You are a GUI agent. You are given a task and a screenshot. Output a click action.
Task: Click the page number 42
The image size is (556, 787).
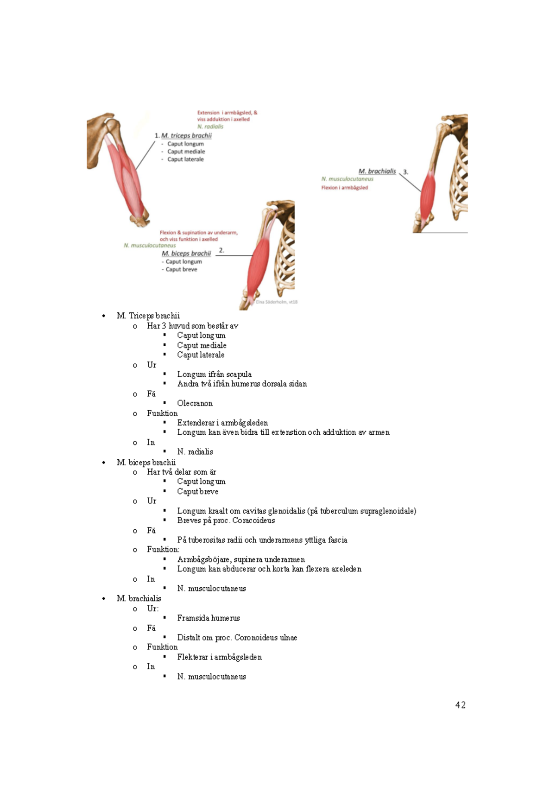pyautogui.click(x=460, y=705)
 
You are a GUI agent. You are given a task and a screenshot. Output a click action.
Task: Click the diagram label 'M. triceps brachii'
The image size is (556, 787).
pyautogui.click(x=186, y=136)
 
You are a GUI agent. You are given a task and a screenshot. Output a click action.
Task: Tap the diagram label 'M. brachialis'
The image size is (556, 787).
pyautogui.click(x=377, y=171)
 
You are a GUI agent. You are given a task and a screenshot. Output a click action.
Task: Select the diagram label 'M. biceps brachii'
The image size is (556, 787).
pyautogui.click(x=186, y=254)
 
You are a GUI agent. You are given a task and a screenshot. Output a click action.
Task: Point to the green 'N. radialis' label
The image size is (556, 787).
pyautogui.click(x=210, y=127)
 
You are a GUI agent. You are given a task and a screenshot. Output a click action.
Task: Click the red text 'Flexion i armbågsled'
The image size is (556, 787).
pyautogui.click(x=344, y=188)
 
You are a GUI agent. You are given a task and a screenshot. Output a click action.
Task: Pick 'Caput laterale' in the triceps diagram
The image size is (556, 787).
pyautogui.click(x=185, y=159)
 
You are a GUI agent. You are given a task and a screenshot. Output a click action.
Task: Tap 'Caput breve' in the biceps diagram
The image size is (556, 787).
pyautogui.click(x=181, y=269)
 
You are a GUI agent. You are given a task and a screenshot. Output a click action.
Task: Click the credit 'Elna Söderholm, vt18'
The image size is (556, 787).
pyautogui.click(x=277, y=302)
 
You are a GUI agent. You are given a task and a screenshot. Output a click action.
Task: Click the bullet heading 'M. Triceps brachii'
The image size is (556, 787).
pyautogui.click(x=148, y=316)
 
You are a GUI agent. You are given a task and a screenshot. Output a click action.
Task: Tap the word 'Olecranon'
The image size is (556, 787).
pyautogui.click(x=195, y=403)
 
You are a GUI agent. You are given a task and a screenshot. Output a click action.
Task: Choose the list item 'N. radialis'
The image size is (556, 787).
pyautogui.click(x=195, y=451)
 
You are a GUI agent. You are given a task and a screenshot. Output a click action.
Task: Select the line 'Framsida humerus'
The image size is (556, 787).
pyautogui.click(x=208, y=618)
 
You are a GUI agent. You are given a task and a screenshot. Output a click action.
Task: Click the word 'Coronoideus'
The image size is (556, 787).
pyautogui.click(x=256, y=637)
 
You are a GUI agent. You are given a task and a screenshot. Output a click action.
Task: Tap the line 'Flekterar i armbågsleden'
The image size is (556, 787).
pyautogui.click(x=219, y=657)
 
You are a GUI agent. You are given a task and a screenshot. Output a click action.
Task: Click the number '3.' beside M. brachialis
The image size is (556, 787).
pyautogui.click(x=405, y=172)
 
